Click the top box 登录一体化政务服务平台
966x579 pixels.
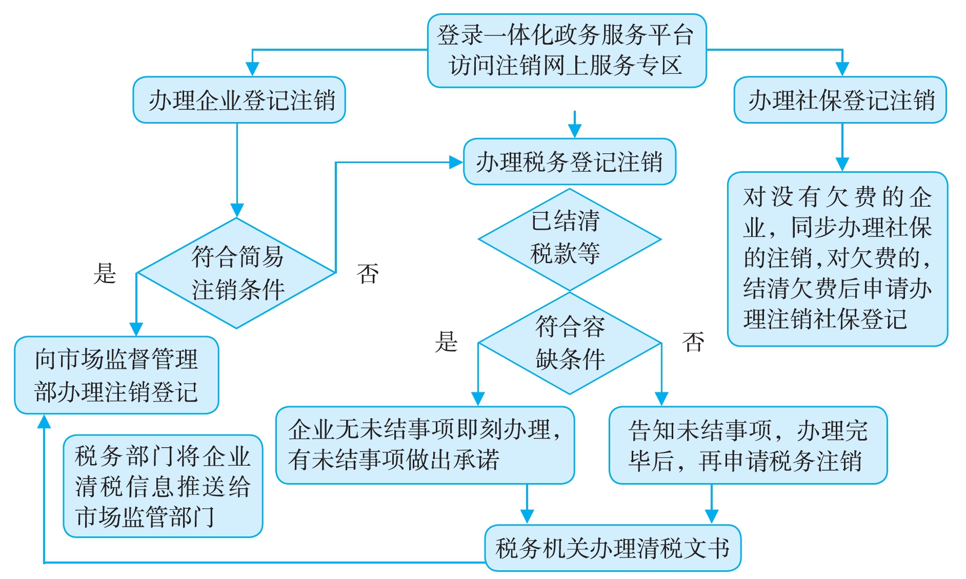point(567,50)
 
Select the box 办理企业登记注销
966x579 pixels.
point(239,100)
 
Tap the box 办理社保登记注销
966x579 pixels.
point(840,100)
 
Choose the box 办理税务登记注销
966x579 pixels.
point(569,162)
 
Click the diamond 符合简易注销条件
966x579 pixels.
point(236,273)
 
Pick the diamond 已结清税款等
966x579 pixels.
point(569,239)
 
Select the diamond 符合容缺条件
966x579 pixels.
point(569,343)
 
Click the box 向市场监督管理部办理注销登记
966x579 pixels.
point(116,375)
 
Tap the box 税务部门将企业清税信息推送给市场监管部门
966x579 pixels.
point(163,486)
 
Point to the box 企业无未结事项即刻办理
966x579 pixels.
point(425,445)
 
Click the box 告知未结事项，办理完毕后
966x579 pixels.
point(748,445)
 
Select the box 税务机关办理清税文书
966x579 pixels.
point(612,548)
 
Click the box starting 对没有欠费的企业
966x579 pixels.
point(837,258)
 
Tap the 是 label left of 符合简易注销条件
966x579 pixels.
point(105,273)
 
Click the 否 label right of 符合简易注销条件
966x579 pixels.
point(368,273)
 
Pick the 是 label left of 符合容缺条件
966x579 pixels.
point(446,342)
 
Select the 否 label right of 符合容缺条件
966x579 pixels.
point(693,342)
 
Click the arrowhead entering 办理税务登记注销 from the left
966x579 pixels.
point(456,163)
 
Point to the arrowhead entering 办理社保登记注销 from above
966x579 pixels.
point(842,69)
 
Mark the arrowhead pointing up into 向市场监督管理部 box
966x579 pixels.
point(45,422)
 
